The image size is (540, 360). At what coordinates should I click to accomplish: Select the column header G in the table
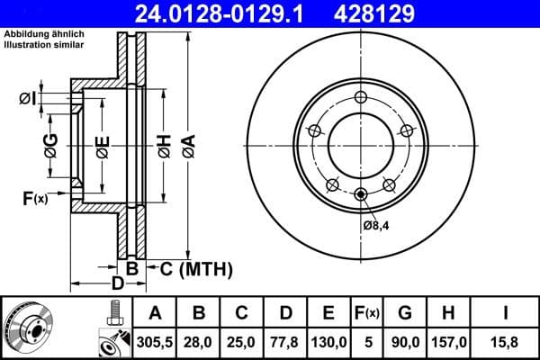405,313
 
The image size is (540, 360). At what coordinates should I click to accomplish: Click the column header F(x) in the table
367,313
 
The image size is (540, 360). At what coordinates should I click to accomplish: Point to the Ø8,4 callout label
376,225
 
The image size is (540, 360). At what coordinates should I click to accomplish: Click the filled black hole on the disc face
360,195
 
